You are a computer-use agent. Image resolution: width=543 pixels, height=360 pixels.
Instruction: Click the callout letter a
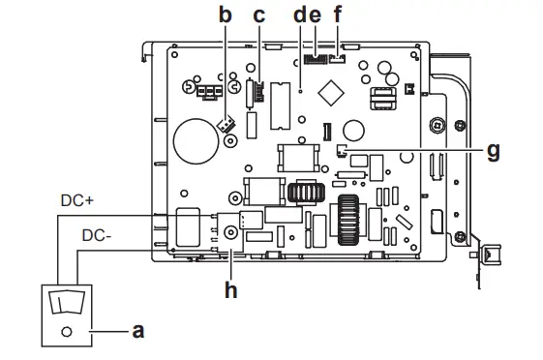[x=138, y=331]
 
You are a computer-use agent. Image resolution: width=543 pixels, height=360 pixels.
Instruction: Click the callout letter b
[x=226, y=15]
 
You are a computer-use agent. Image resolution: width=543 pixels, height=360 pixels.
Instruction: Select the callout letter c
[x=259, y=16]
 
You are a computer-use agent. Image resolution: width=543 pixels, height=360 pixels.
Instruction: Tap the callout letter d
[x=300, y=15]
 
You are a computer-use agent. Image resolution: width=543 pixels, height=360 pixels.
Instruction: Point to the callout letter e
[x=315, y=16]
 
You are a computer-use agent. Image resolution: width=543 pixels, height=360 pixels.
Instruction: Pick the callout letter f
[x=337, y=15]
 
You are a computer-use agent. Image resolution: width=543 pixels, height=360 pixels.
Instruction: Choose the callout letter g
[x=494, y=151]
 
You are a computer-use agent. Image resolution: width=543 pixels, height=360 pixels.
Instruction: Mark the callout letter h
[x=231, y=289]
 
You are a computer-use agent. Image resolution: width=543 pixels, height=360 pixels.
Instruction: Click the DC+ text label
[x=76, y=200]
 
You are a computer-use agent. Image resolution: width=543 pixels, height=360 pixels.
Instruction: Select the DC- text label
[x=97, y=236]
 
